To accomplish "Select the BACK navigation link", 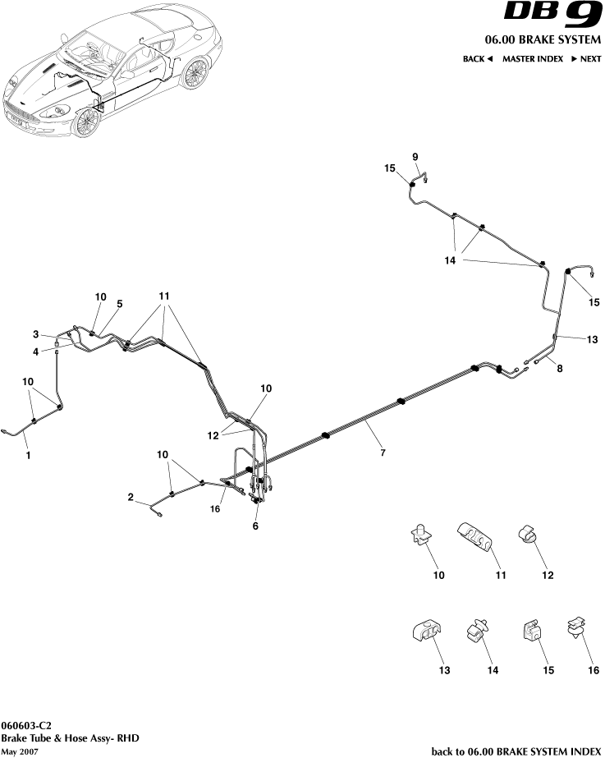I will point(477,59).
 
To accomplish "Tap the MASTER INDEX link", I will point(532,59).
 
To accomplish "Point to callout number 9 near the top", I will point(415,157).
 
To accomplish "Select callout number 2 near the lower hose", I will point(131,497).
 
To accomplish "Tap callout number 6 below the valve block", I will point(255,526).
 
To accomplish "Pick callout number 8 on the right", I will point(560,369).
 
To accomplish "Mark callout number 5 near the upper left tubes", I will point(119,304).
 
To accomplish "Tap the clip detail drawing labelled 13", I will point(425,634).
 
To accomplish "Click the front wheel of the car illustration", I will point(85,122).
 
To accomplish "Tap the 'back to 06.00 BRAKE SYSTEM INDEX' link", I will point(516,751).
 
